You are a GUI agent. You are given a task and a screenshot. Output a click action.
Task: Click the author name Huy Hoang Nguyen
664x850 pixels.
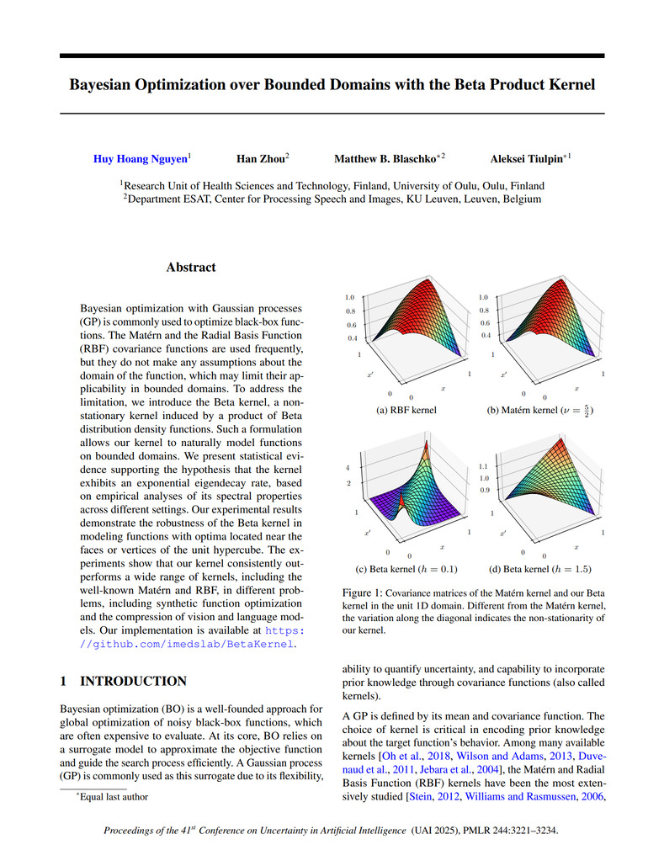(141, 158)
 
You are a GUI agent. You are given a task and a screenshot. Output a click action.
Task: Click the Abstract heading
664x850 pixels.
(190, 268)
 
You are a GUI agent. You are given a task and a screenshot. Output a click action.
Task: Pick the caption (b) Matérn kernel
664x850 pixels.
(540, 411)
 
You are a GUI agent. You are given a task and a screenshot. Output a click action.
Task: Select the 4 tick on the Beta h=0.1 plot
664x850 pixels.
(348, 467)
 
